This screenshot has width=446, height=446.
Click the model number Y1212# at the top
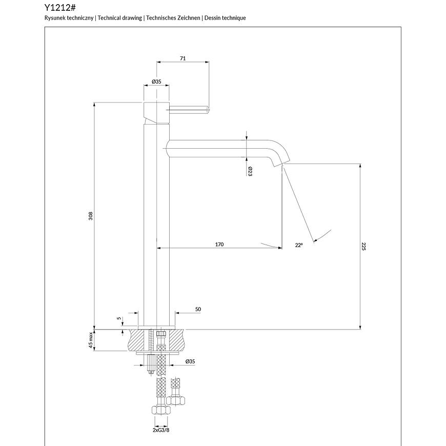pyautogui.click(x=60, y=7)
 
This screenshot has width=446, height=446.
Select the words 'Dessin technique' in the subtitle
pyautogui.click(x=225, y=18)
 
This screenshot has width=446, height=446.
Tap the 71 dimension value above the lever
pyautogui.click(x=183, y=58)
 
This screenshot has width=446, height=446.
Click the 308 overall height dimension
pyautogui.click(x=91, y=215)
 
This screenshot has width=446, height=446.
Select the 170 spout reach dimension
pyautogui.click(x=219, y=245)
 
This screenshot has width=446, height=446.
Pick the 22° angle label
pyautogui.click(x=299, y=245)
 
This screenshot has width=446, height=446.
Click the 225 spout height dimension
pyautogui.click(x=364, y=246)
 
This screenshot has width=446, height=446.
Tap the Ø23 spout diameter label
pyautogui.click(x=250, y=171)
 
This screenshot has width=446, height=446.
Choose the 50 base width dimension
pyautogui.click(x=198, y=309)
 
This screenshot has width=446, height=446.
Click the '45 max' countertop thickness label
pyautogui.click(x=91, y=340)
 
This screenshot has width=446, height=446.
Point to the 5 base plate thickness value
pyautogui.click(x=119, y=318)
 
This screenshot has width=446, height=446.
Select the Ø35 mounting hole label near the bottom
pyautogui.click(x=190, y=361)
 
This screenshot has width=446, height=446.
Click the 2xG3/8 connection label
pyautogui.click(x=160, y=430)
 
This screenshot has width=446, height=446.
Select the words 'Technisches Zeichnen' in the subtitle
pyautogui.click(x=173, y=18)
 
